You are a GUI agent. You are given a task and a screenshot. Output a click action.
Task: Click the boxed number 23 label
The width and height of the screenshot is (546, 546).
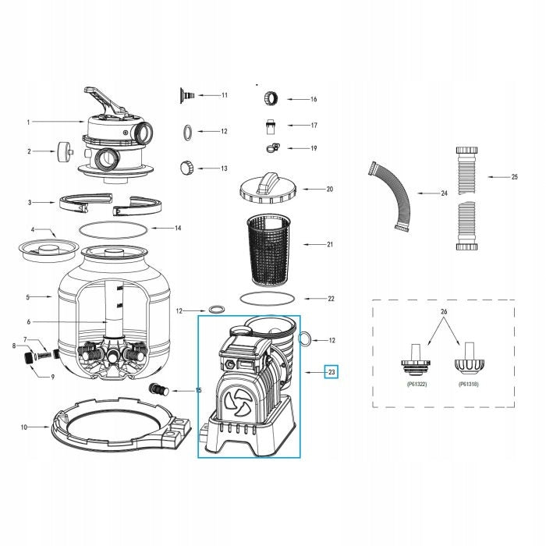pos(331,372)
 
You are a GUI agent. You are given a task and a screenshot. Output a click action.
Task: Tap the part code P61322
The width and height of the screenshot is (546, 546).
pos(417,384)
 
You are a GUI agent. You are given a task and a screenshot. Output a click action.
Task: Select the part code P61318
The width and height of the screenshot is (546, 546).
pos(469,384)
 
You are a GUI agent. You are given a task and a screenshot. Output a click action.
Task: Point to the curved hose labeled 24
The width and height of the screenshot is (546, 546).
pos(390,196)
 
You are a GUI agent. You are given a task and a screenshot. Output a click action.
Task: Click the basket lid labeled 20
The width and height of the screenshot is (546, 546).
pos(268,188)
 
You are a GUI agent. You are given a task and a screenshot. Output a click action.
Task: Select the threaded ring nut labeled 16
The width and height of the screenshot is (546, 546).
pos(271,98)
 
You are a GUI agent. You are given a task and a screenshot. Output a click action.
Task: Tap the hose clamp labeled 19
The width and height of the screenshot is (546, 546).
pos(272,148)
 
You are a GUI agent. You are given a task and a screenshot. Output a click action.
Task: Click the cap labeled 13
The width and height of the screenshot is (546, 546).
pos(186,168)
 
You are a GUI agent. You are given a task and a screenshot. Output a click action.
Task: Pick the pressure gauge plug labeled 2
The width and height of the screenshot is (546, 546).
pos(65,151)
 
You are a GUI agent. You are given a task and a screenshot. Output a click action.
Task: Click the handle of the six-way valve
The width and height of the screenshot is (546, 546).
pos(104,100)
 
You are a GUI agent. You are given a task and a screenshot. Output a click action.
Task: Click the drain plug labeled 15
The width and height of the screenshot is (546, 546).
pos(159,390)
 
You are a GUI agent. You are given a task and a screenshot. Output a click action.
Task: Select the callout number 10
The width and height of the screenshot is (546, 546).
pos(24,427)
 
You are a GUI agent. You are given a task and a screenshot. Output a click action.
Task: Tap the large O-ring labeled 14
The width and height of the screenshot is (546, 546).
pos(113,230)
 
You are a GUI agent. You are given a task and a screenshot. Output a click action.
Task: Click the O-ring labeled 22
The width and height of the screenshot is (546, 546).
pos(268,298)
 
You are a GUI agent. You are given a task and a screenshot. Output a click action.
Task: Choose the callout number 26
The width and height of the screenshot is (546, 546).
pos(444,312)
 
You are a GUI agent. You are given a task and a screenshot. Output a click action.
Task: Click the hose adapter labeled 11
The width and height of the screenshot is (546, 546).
pos(186,95)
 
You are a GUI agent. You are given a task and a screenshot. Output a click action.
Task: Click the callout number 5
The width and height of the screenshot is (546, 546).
pos(28,297)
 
